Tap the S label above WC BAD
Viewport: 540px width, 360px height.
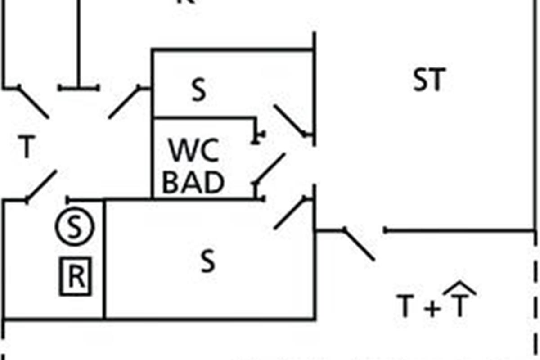coord(198,90)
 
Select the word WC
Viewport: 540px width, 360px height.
coord(193,151)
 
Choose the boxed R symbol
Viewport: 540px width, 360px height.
coord(75,277)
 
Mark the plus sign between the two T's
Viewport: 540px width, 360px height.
coord(432,309)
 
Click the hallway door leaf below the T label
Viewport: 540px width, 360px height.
coord(42,185)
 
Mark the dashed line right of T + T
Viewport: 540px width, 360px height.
coord(535,292)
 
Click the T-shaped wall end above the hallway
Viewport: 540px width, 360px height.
coord(79,87)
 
